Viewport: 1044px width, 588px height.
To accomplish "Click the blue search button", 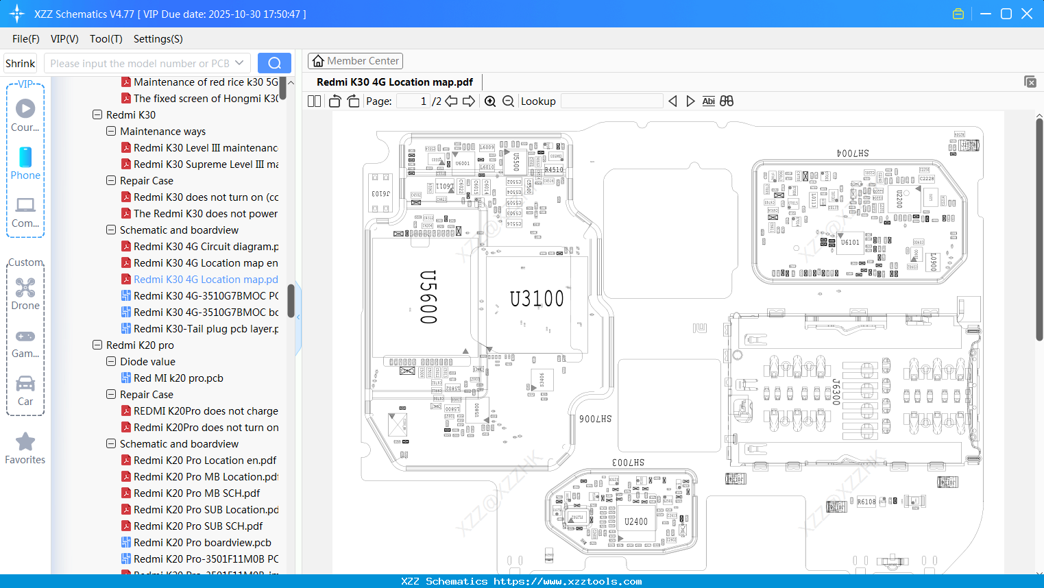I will click(x=274, y=63).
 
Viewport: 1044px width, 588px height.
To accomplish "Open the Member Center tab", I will click(x=355, y=61).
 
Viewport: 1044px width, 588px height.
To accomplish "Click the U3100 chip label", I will click(x=537, y=299).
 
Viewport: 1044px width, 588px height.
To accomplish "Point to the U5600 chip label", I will click(x=428, y=297).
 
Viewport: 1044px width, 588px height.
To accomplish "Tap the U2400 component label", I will click(x=636, y=522).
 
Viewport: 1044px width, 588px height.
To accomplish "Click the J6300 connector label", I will click(x=836, y=391).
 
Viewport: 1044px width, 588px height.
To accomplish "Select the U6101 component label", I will click(x=850, y=242).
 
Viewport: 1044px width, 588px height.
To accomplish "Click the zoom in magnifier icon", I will click(x=490, y=101).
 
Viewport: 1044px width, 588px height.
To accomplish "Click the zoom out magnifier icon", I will click(x=508, y=101).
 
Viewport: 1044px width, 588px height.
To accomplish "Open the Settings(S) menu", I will click(x=158, y=39).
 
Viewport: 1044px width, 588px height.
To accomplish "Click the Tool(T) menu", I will click(x=106, y=39).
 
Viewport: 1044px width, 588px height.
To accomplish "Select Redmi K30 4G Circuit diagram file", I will click(x=206, y=247).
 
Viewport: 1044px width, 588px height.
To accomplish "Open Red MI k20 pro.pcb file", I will click(x=178, y=378).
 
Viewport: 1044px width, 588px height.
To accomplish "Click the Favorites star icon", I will click(x=25, y=442).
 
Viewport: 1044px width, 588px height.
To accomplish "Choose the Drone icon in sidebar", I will click(x=25, y=289).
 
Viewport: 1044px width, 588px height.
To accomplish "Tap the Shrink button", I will click(x=20, y=64).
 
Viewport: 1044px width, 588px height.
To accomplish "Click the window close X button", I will click(x=1027, y=14).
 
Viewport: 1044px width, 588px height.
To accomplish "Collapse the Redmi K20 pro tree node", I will click(x=97, y=345).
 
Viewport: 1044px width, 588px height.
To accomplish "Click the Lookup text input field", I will click(x=611, y=101).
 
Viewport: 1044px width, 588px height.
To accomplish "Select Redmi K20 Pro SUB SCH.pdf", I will click(x=198, y=526).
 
